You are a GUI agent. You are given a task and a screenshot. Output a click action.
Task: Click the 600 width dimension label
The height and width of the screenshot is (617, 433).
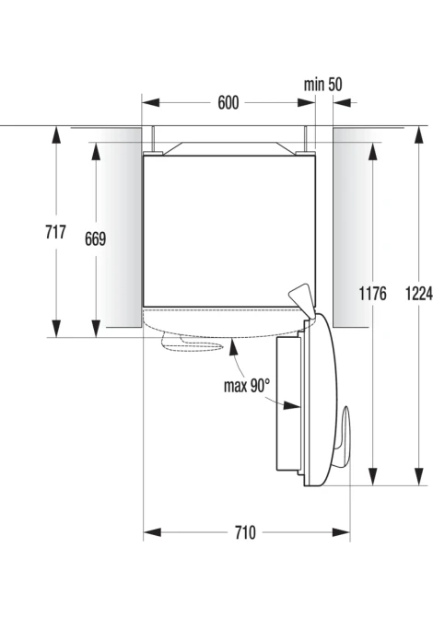(x=228, y=103)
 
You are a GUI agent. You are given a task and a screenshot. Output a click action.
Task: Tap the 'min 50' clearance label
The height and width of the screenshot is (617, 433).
(x=322, y=84)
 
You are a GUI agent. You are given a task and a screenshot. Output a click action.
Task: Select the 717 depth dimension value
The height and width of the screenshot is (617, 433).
(x=55, y=232)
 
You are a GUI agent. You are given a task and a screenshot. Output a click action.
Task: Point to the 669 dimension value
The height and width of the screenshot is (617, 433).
(x=95, y=239)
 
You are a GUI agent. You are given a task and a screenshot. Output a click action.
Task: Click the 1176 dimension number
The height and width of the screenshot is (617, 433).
(x=372, y=293)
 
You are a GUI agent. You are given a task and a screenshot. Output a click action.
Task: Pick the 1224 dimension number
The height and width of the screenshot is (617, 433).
(x=419, y=293)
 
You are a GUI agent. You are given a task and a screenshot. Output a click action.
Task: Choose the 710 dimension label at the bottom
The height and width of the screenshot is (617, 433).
(x=245, y=532)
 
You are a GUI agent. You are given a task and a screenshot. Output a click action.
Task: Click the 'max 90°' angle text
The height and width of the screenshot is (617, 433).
(x=247, y=386)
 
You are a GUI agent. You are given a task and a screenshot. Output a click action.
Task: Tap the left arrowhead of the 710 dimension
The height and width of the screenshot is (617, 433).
(x=152, y=532)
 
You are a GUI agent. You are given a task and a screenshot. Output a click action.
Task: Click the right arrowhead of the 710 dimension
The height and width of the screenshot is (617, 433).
(x=341, y=532)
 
